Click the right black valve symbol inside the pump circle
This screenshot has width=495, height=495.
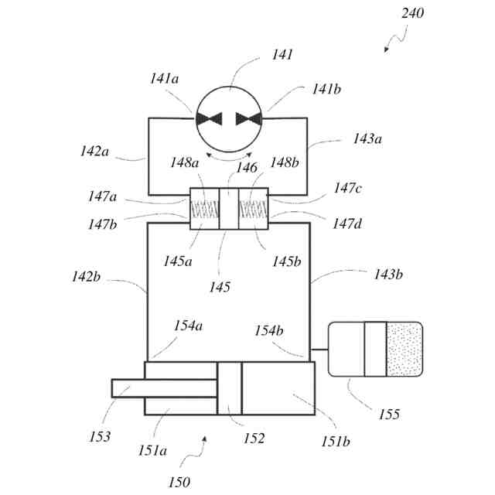coord(247,118)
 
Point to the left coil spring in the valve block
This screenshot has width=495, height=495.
coord(204,209)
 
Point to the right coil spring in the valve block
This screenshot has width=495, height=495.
coord(254,209)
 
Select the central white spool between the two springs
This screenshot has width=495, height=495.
coord(229,208)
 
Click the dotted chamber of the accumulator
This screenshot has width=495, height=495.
coord(405,349)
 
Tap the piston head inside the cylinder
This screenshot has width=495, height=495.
coord(230,388)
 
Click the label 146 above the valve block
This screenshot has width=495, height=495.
coord(247,167)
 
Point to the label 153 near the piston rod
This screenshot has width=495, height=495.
coord(102,435)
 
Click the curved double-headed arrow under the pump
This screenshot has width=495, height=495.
coord(229,157)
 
